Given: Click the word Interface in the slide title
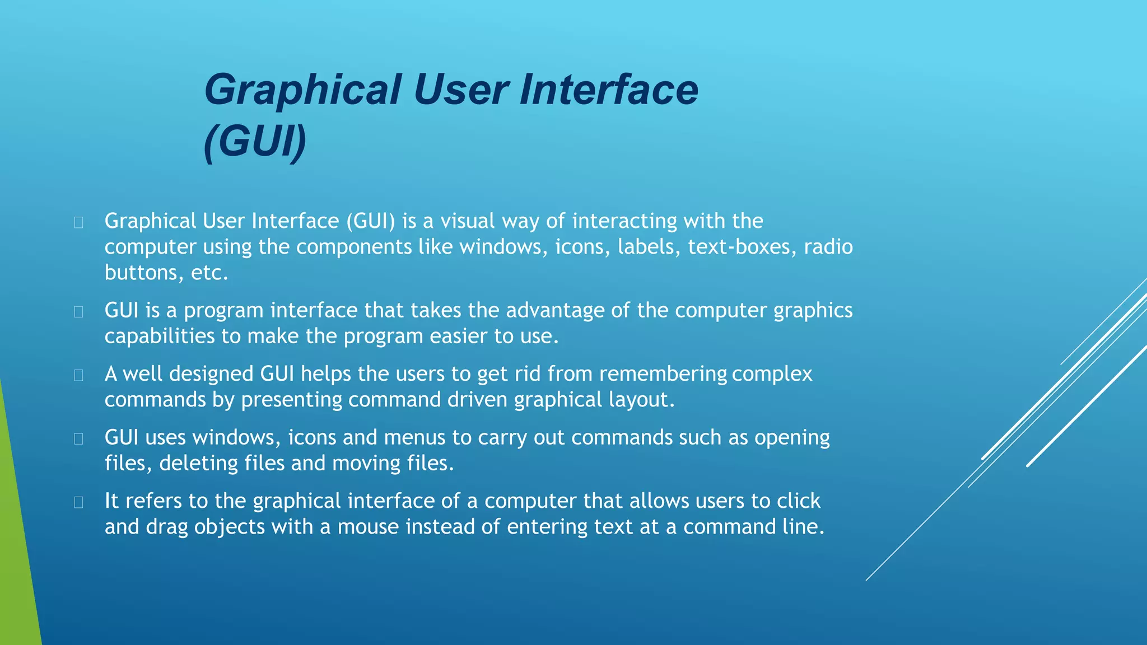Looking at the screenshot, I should [x=609, y=90].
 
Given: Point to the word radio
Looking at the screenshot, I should [x=828, y=247].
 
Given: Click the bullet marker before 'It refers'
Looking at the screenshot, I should [x=78, y=502].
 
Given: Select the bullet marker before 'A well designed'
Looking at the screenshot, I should [x=78, y=375].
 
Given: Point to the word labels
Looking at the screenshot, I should [x=649, y=247].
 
